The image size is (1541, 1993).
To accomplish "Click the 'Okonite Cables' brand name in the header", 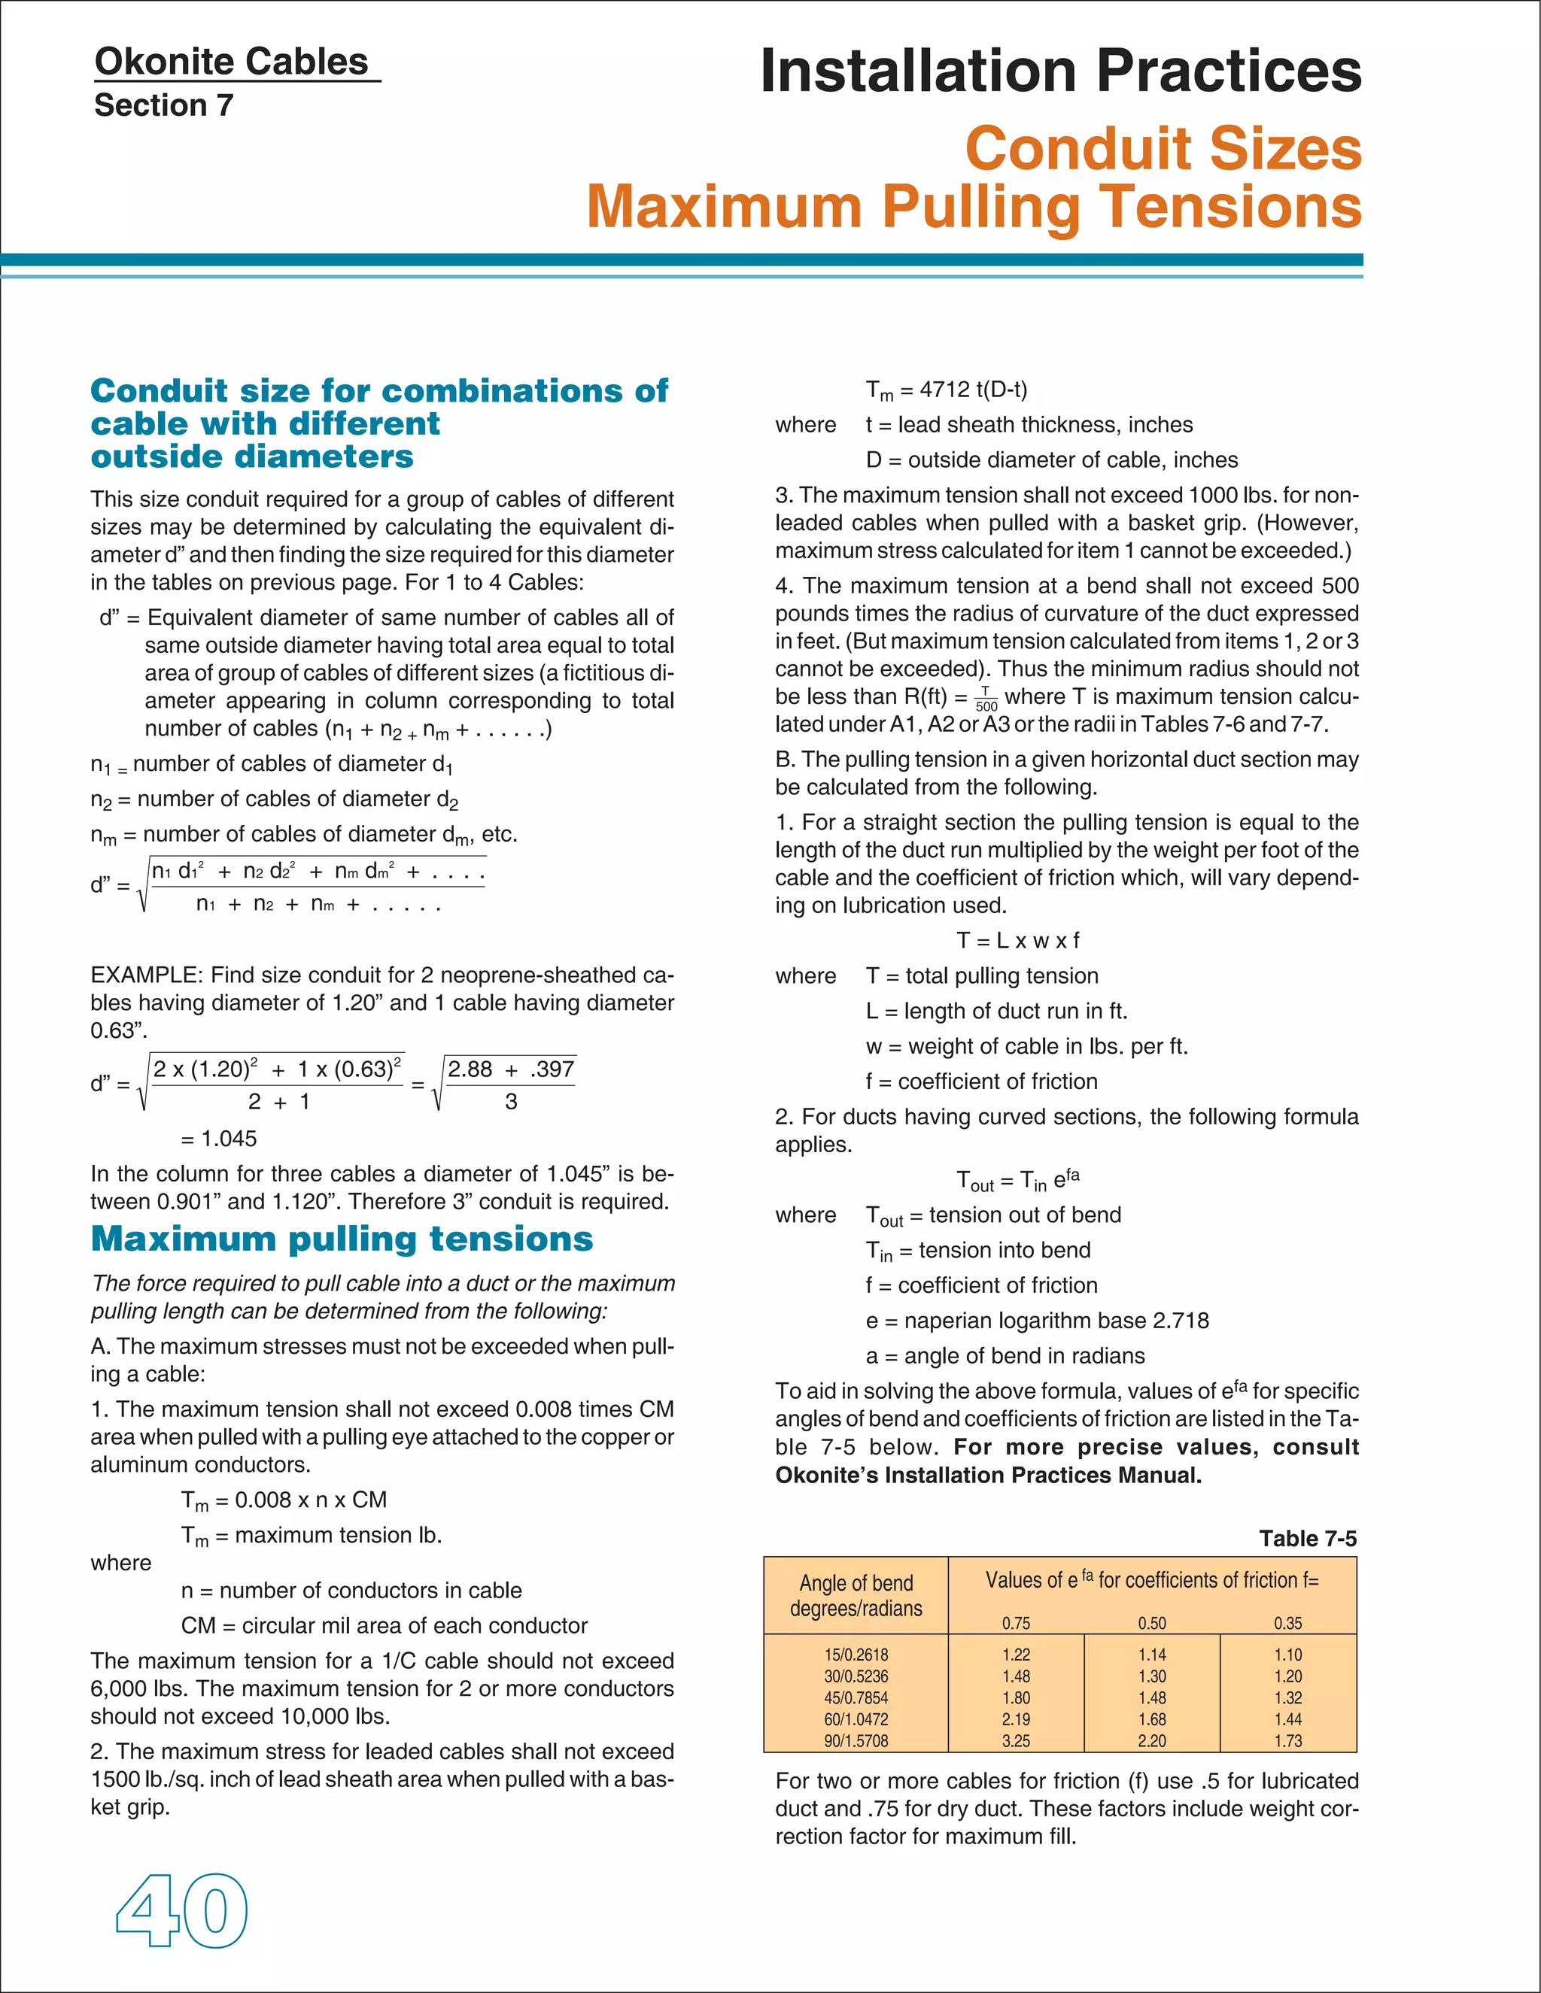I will point(231,62).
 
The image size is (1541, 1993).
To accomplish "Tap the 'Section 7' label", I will point(163,106).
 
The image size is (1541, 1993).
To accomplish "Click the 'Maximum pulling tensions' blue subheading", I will point(342,1239).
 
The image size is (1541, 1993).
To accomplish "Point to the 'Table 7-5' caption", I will point(1307,1539).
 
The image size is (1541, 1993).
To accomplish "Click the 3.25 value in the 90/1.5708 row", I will point(1015,1740).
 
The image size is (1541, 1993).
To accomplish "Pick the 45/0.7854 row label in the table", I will point(856,1697).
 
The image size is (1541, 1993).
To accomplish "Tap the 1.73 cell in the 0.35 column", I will point(1287,1740).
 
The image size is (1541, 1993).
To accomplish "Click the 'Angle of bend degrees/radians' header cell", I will point(856,1595).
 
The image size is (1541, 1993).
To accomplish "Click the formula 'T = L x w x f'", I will point(1017,940).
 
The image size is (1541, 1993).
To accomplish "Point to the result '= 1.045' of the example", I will point(218,1138).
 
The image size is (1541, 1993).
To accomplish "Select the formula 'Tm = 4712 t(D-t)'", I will point(946,390).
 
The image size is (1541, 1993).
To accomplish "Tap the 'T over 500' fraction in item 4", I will point(986,699).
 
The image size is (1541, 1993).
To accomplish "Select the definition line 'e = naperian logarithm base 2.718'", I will point(1037,1321).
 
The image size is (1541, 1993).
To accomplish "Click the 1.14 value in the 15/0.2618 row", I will point(1151,1655).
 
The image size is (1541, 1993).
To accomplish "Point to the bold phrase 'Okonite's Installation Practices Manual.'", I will point(988,1476).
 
